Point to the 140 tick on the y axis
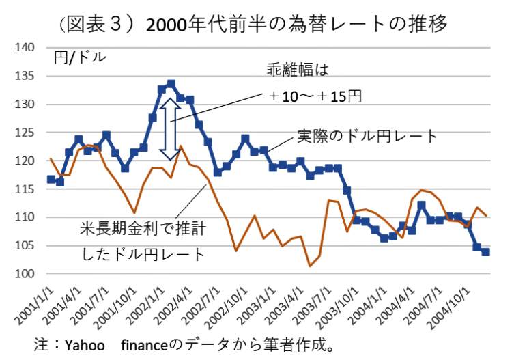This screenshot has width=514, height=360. pyautogui.click(x=25, y=48)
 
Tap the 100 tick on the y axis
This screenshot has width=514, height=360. pyautogui.click(x=25, y=274)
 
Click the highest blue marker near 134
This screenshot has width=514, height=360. pyautogui.click(x=171, y=84)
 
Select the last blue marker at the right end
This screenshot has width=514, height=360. pyautogui.click(x=485, y=252)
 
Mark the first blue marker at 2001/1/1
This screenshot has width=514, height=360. pyautogui.click(x=51, y=179)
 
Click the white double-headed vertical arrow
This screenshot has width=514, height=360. pyautogui.click(x=165, y=128)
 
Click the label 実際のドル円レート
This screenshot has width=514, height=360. pyautogui.click(x=367, y=136)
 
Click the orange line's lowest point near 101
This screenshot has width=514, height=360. pyautogui.click(x=309, y=266)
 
